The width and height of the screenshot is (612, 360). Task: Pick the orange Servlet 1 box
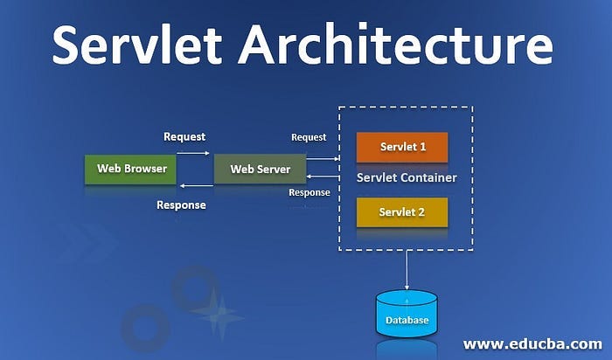402,147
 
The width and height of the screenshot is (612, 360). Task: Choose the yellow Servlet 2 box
402,212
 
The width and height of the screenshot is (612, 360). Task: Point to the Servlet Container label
407,178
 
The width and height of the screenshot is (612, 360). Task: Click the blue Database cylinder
407,316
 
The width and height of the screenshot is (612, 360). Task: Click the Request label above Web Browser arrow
184,136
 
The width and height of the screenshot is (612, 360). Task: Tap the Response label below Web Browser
181,205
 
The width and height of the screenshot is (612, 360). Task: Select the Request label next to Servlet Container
309,137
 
